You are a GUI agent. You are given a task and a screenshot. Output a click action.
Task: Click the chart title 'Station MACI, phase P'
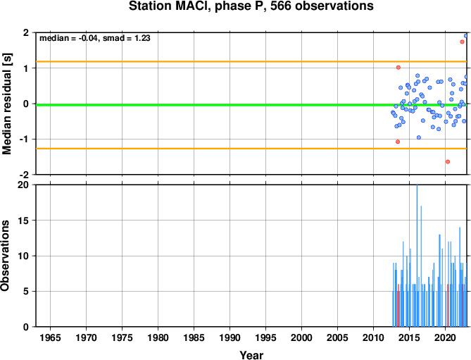(x=198, y=6)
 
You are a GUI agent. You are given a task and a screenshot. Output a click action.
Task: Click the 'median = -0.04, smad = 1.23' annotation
(x=95, y=38)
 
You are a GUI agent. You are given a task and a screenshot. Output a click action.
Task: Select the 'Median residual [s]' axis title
(x=6, y=104)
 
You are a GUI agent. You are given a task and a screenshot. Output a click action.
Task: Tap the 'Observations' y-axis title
(x=5, y=256)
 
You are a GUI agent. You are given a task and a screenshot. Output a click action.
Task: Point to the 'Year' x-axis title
(x=251, y=355)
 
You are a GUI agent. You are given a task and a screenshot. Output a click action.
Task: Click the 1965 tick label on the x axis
(x=50, y=337)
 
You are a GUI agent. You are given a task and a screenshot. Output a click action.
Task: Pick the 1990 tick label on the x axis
(x=230, y=337)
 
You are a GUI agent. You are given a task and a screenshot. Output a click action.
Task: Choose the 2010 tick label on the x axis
(x=373, y=337)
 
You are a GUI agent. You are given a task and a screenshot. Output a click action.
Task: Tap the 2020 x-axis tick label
(x=445, y=337)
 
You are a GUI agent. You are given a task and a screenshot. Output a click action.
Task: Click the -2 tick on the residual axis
(x=26, y=175)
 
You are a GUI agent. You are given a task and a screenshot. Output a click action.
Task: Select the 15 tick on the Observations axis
(x=25, y=221)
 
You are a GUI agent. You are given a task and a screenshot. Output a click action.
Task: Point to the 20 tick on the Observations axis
(x=25, y=185)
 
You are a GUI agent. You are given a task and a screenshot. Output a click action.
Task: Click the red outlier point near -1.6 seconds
(x=448, y=161)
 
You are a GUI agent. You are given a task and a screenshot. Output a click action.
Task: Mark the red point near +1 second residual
(x=398, y=68)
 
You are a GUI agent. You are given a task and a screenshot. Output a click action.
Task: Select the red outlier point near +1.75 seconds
(x=462, y=42)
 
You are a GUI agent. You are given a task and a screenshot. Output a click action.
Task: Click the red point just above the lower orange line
(x=398, y=142)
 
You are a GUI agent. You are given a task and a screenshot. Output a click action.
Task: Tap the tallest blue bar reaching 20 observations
(x=417, y=256)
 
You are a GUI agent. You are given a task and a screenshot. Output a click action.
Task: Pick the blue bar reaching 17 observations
(x=421, y=266)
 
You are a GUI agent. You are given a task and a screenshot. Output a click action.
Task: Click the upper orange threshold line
(x=251, y=61)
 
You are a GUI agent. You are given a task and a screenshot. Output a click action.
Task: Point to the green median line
(x=251, y=105)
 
